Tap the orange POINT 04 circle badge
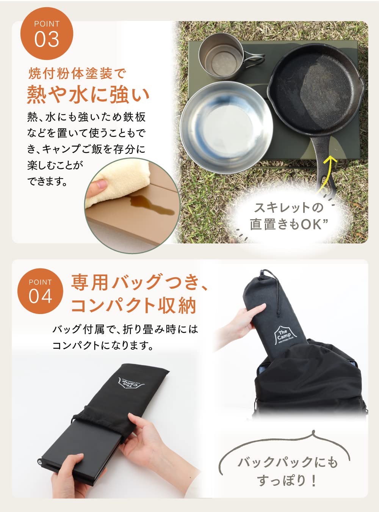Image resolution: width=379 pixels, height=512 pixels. pos(40,291)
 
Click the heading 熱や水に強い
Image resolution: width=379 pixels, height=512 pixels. pos(88,94)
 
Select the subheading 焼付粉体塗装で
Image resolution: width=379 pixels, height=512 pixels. pos(77,73)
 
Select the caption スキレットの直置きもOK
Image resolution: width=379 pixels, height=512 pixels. pos(288,216)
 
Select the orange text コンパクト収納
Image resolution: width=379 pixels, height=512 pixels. pos(133,306)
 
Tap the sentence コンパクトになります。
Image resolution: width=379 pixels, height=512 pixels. pos(103,346)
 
